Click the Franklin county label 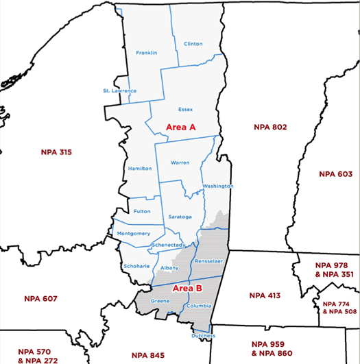(x=147, y=53)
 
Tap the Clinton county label (x=193, y=44)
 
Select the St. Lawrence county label (x=120, y=90)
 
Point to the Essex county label (x=185, y=109)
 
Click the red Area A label (x=181, y=127)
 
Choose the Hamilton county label (x=140, y=168)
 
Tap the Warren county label (x=180, y=162)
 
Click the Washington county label (x=218, y=186)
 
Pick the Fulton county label (x=142, y=211)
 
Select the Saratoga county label (x=180, y=217)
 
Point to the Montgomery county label (x=134, y=233)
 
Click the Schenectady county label (x=169, y=245)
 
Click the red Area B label (x=187, y=288)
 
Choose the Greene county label (x=160, y=301)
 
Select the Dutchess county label (x=204, y=336)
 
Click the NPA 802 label (x=270, y=127)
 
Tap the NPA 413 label (x=265, y=295)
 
